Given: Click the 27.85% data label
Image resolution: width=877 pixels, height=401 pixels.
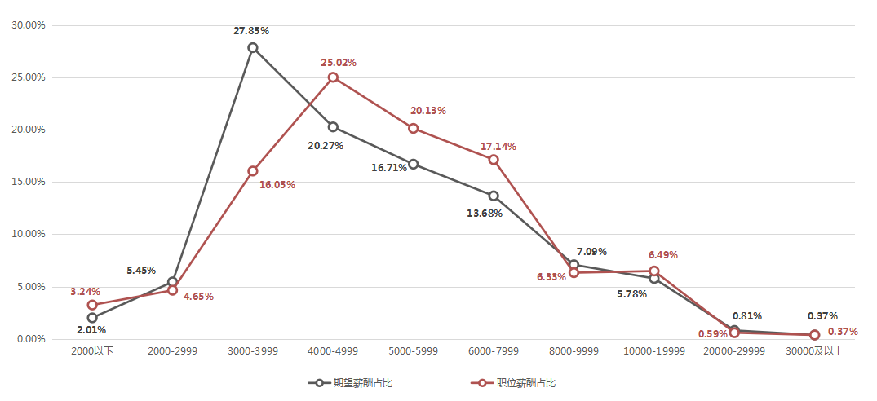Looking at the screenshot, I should click(x=251, y=31).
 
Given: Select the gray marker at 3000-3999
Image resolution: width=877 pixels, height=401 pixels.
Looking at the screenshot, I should click(x=253, y=47).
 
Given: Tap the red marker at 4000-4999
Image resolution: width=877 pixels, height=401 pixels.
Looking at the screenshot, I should click(x=333, y=77).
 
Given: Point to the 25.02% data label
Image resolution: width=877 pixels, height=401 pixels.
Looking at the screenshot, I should click(x=339, y=62).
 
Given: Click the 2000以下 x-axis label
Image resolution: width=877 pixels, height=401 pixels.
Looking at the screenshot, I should click(x=92, y=351).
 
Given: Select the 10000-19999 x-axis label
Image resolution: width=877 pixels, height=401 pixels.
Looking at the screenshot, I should click(x=654, y=351).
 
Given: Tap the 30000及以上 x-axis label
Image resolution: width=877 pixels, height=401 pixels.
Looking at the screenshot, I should click(x=814, y=351).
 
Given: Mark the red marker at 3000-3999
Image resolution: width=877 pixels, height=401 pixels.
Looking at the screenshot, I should click(x=253, y=171).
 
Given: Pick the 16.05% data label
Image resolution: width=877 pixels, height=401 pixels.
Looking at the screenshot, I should click(x=277, y=185).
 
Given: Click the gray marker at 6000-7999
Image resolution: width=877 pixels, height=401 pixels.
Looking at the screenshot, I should click(x=494, y=196).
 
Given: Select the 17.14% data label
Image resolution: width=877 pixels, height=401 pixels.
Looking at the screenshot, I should click(x=498, y=147).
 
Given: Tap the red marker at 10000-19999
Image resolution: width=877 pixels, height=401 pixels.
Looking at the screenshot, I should click(x=654, y=271).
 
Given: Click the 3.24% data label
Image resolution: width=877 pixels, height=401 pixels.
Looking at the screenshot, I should click(x=85, y=291).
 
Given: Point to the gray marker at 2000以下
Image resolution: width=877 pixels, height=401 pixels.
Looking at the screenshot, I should click(x=92, y=318).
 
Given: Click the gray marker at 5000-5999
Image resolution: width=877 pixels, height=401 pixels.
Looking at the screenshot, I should click(x=414, y=164).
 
